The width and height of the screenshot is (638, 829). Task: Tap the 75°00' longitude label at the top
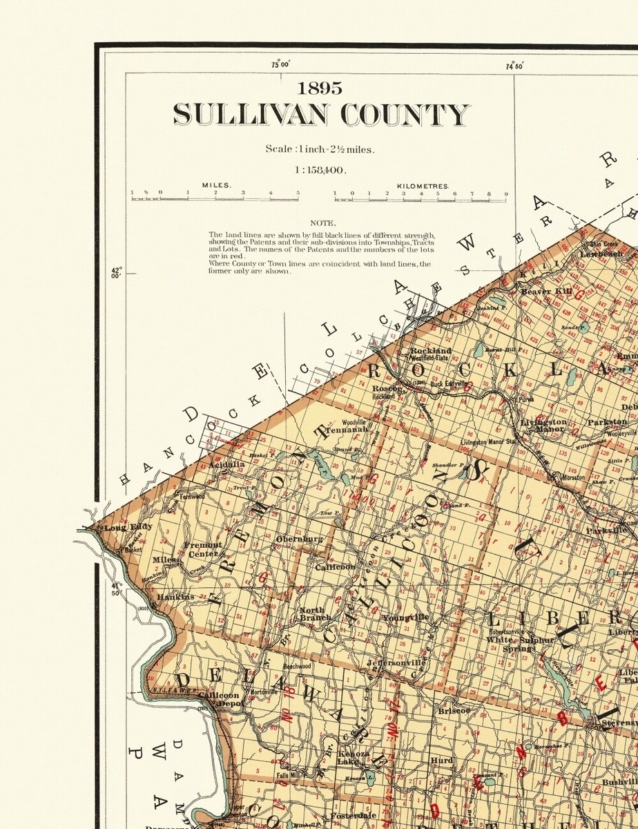[280, 66]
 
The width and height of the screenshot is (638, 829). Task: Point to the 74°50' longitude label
[514, 66]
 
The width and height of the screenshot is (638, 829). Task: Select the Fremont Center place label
[204, 549]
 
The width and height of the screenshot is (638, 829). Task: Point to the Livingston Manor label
[543, 425]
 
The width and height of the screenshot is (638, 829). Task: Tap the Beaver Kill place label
[546, 292]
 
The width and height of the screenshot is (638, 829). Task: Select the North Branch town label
[316, 614]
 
